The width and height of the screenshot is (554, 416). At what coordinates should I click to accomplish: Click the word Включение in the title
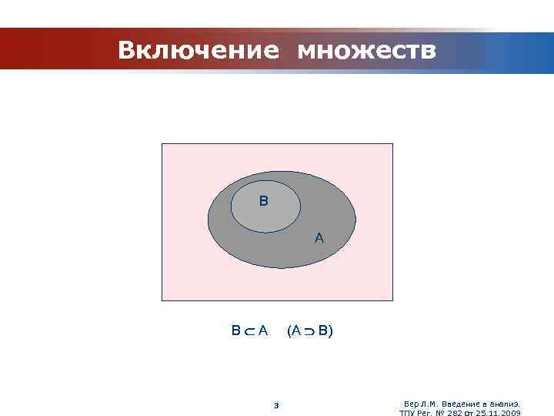point(199,51)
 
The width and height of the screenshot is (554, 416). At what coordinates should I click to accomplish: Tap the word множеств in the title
point(366,51)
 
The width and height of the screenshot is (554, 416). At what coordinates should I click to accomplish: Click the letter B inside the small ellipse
point(264,202)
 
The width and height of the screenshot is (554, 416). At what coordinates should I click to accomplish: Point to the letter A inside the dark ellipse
point(319,239)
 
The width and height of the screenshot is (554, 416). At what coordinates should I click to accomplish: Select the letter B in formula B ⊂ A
point(236,331)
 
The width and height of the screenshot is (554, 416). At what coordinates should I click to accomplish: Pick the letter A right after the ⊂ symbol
point(263,331)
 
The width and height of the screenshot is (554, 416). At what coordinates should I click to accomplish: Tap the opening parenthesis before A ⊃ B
point(289,331)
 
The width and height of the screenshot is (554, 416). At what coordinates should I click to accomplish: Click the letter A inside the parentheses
point(296,331)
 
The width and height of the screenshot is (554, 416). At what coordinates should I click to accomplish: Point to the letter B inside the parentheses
point(323,331)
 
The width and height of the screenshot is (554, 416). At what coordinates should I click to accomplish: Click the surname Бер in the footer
point(411,404)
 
